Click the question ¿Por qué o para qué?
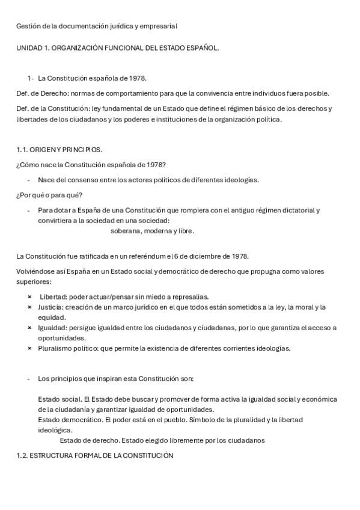point(49,195)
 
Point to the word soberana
point(126,230)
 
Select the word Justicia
point(51,307)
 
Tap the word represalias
point(191,296)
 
